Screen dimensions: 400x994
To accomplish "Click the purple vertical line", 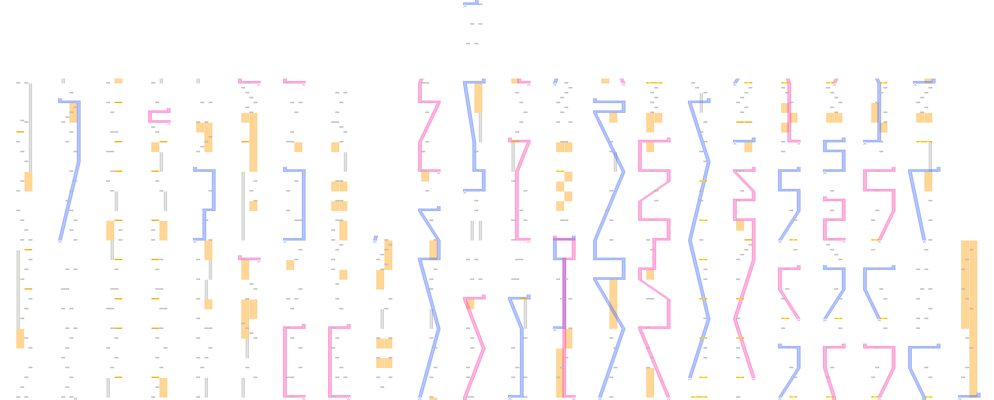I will pos(564,294).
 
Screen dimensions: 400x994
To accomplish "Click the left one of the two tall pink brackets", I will pos(285,362).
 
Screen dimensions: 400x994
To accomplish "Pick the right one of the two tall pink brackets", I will pos(330,362).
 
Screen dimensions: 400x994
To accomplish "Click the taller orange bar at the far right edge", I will pos(973,319).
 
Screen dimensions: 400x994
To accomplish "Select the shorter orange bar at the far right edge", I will pos(965,285).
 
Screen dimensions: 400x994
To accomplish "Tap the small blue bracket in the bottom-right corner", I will pos(969,396).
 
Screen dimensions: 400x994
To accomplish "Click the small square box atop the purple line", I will pos(564,248).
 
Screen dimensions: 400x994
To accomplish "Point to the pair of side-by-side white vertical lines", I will pos(476,231).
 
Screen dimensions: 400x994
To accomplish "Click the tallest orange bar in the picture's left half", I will pos(253,142).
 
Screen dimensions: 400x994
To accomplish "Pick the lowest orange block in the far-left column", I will pos(20,339).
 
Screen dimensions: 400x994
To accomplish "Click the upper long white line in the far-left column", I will pos(31,127).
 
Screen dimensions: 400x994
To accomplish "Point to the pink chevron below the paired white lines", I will pos(475,348).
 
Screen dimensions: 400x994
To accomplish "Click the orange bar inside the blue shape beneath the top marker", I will pos(478,98).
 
